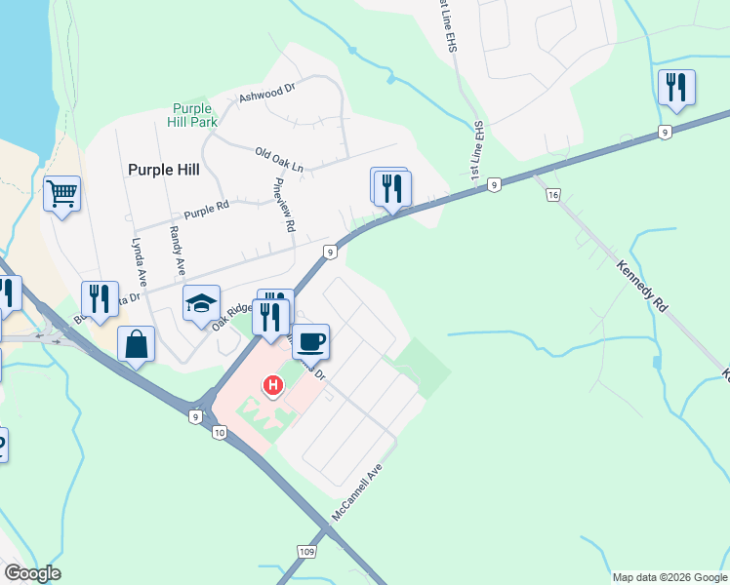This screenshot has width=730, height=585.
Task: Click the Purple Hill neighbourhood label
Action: pos(163,169)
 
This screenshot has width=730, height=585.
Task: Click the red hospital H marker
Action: pos(274,386)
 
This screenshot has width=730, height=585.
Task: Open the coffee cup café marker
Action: pos(311,341)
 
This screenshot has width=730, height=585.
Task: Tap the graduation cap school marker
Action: pos(201,303)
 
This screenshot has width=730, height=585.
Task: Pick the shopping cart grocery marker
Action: pos(61,193)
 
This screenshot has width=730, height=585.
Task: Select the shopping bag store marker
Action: pos(136,344)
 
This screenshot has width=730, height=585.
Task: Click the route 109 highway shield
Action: pos(308,553)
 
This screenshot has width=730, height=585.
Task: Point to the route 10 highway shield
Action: pos(219,433)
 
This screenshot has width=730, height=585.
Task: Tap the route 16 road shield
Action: pos(553,196)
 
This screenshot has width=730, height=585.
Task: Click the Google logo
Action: pos(32,573)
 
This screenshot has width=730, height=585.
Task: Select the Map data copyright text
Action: pos(669,577)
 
